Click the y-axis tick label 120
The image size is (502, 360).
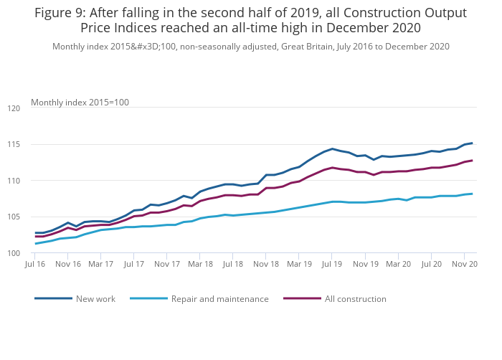(x=14, y=109)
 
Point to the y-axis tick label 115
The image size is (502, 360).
(x=14, y=145)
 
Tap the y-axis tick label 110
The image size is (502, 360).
(x=14, y=181)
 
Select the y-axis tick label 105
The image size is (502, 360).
(x=14, y=217)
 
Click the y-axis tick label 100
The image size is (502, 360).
(x=14, y=254)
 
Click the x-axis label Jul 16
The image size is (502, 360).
(x=35, y=265)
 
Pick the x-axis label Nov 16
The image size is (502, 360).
(x=68, y=265)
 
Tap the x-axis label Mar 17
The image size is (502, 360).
(x=101, y=265)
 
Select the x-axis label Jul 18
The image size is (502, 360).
(x=232, y=265)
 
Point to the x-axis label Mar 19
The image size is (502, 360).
(x=298, y=265)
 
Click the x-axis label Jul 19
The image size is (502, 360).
(x=331, y=265)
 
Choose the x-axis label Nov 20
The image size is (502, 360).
(x=463, y=265)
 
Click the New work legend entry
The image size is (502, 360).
(x=95, y=298)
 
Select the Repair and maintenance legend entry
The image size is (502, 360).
(x=219, y=298)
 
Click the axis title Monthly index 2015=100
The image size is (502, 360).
(x=80, y=103)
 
